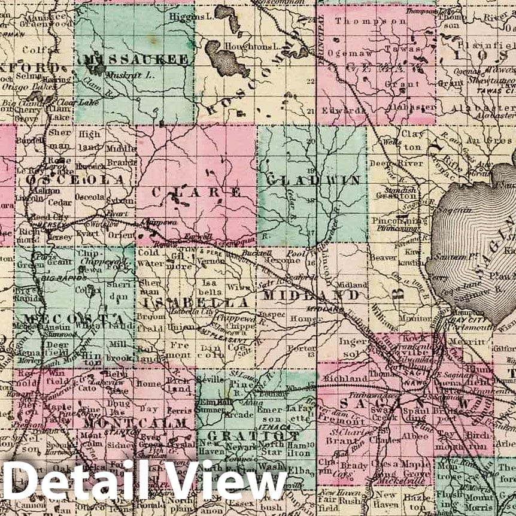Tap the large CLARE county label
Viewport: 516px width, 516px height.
(196, 192)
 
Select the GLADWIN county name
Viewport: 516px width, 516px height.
(314, 180)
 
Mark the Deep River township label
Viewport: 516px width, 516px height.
(387, 163)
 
